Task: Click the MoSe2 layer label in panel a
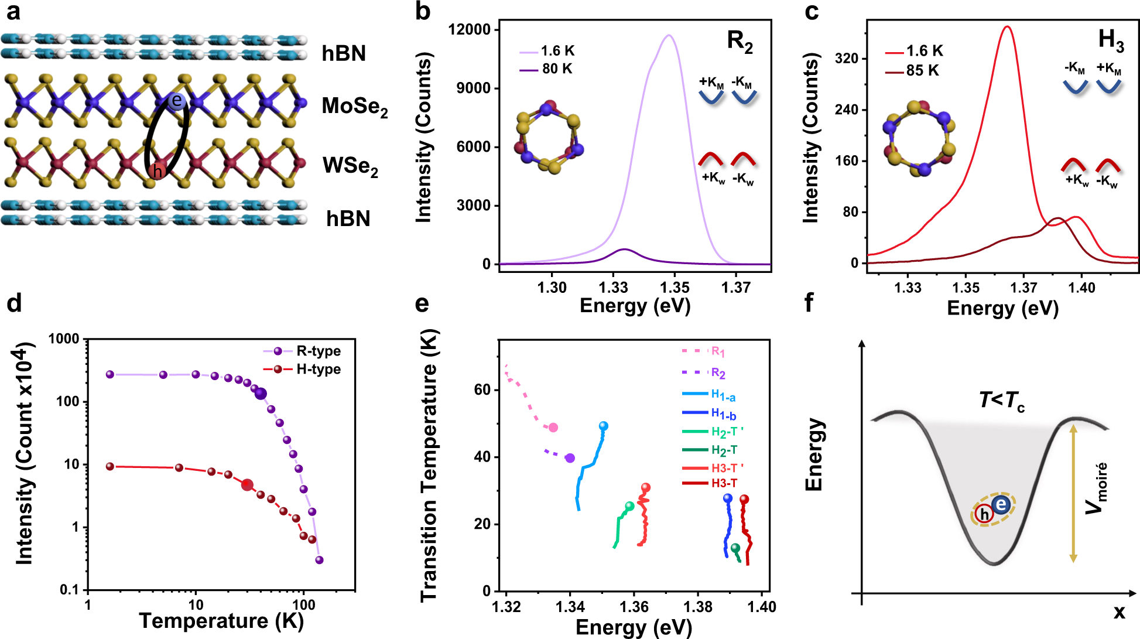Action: click(x=354, y=107)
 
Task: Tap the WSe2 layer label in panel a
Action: click(x=350, y=166)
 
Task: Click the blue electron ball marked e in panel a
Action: click(x=176, y=101)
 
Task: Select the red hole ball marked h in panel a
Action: click(x=156, y=171)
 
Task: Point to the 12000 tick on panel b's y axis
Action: click(x=469, y=30)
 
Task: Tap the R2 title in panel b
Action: click(x=740, y=42)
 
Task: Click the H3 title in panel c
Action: click(x=1111, y=40)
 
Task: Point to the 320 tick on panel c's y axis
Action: click(x=847, y=59)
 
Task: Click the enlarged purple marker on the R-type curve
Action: click(x=261, y=394)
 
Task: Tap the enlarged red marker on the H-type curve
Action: click(x=247, y=485)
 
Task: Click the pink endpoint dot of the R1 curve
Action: click(x=553, y=428)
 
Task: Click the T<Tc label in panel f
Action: click(x=1002, y=401)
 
